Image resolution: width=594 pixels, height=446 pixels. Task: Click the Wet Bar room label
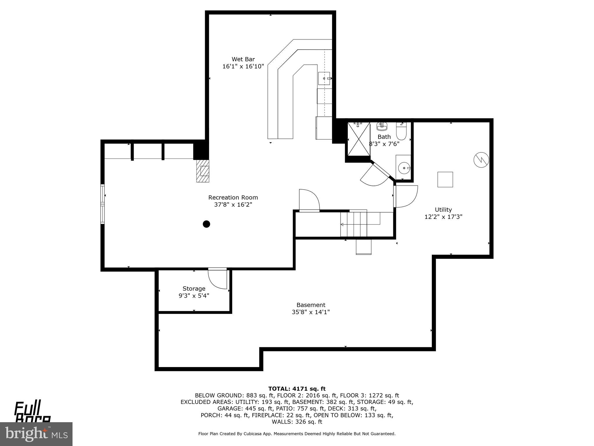[x=243, y=60]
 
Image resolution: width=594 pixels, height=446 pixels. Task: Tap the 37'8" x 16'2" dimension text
[x=233, y=204]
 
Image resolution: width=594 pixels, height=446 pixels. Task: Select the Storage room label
[x=194, y=288]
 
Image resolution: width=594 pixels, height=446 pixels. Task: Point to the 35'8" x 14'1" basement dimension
[x=311, y=312]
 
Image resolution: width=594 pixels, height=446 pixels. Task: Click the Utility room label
[x=443, y=209]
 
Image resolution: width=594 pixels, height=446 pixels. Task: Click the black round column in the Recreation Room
[x=206, y=224]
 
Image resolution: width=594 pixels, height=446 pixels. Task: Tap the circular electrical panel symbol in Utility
[x=481, y=160]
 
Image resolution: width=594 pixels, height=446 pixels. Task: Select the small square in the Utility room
[x=445, y=179]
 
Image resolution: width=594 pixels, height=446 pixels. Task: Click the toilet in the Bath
[x=402, y=132]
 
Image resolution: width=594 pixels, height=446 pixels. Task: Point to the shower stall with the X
[x=359, y=140]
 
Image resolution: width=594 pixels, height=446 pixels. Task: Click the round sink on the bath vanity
[x=403, y=168]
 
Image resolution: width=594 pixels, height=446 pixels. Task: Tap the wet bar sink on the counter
[x=324, y=78]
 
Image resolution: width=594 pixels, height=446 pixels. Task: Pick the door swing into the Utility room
[x=406, y=197]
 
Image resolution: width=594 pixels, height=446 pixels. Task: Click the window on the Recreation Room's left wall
[x=102, y=204]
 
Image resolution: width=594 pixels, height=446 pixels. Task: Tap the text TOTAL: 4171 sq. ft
[x=297, y=389]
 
